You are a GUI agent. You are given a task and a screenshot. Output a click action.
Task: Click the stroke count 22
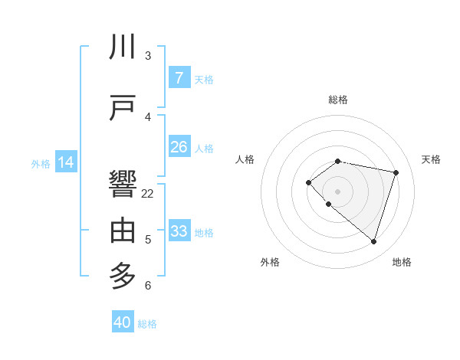(148, 194)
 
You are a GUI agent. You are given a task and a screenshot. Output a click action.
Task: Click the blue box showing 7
(179, 78)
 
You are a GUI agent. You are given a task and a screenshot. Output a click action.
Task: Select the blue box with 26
(179, 147)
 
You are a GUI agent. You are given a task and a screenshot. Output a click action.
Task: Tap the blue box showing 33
(179, 231)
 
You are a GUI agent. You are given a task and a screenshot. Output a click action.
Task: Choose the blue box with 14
(66, 162)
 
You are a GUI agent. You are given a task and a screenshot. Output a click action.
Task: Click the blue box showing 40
(123, 322)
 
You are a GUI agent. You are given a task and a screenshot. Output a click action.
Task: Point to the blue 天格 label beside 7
(204, 79)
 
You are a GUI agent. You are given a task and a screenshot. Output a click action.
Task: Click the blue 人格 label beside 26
(204, 148)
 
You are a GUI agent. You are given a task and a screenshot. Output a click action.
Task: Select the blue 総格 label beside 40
(147, 324)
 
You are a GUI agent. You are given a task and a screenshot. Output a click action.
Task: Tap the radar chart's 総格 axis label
(337, 100)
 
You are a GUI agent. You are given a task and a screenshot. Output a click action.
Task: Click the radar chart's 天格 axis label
(432, 159)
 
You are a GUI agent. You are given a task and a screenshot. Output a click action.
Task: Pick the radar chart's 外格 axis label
(270, 262)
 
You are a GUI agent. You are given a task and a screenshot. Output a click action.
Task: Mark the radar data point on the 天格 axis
(396, 172)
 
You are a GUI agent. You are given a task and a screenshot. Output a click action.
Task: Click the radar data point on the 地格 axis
(373, 241)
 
